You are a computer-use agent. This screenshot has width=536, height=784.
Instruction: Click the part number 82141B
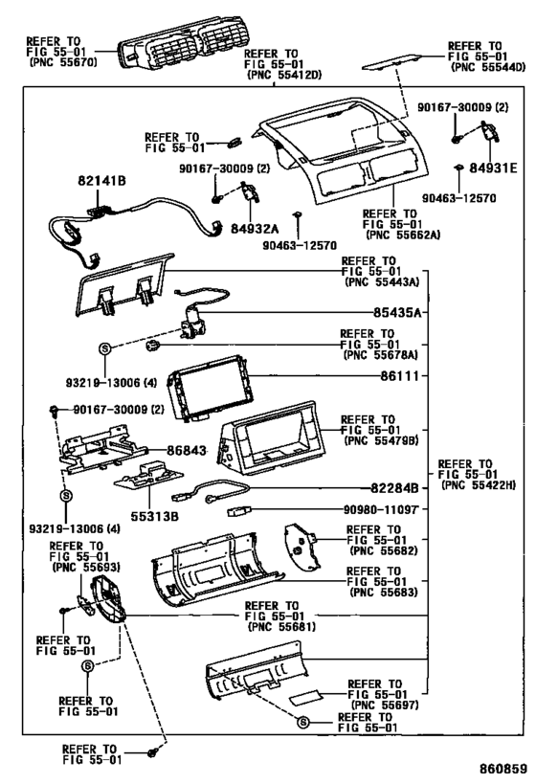[x=101, y=181]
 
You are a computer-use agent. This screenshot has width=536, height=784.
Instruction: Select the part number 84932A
[x=255, y=229]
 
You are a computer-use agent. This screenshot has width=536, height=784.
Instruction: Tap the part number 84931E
[x=493, y=168]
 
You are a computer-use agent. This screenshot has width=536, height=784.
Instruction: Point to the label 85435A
[x=397, y=312]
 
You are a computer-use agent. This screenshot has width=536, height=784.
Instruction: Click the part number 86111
[x=399, y=375]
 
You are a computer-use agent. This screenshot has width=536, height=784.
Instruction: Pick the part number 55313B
[x=154, y=516]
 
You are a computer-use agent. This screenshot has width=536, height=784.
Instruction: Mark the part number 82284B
[x=394, y=488]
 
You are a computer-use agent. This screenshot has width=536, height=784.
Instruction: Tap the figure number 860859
[x=503, y=769]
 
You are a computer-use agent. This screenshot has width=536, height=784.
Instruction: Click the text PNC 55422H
[x=479, y=485]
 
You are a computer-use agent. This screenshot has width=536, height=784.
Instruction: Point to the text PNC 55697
[x=385, y=705]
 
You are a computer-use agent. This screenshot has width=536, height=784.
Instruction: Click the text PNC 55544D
[x=488, y=67]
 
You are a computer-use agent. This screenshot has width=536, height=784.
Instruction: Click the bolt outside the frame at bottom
[x=152, y=752]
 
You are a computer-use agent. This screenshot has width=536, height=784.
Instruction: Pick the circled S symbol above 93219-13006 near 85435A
[x=105, y=348]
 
